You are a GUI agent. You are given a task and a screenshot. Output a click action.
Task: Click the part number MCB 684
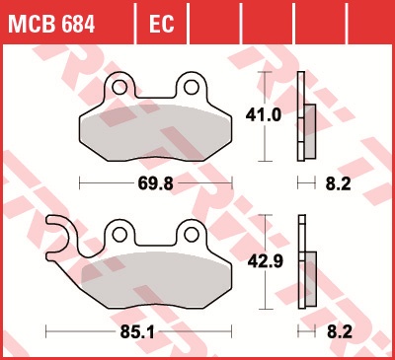tap(51, 24)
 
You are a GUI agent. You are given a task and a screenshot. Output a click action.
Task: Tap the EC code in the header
tap(161, 24)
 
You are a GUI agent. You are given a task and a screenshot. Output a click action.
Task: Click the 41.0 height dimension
tap(264, 115)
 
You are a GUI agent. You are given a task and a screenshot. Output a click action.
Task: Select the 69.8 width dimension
tap(155, 183)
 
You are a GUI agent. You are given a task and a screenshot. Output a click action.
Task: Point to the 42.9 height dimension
tap(266, 261)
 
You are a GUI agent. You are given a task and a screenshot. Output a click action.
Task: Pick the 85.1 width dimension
tap(137, 332)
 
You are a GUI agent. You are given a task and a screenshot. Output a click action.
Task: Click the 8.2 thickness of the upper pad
tap(339, 183)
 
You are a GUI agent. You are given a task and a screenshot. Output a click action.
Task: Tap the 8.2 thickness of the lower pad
tap(340, 332)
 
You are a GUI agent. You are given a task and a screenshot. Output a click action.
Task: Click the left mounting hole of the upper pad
tap(119, 88)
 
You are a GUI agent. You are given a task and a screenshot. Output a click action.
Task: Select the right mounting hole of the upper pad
tap(192, 88)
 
